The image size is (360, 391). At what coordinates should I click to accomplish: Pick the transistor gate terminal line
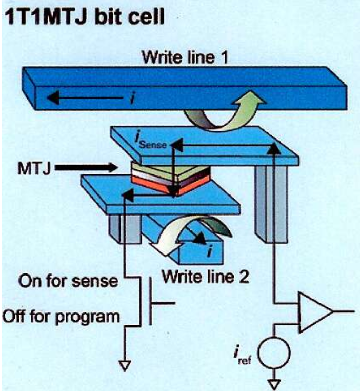point(163,303)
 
